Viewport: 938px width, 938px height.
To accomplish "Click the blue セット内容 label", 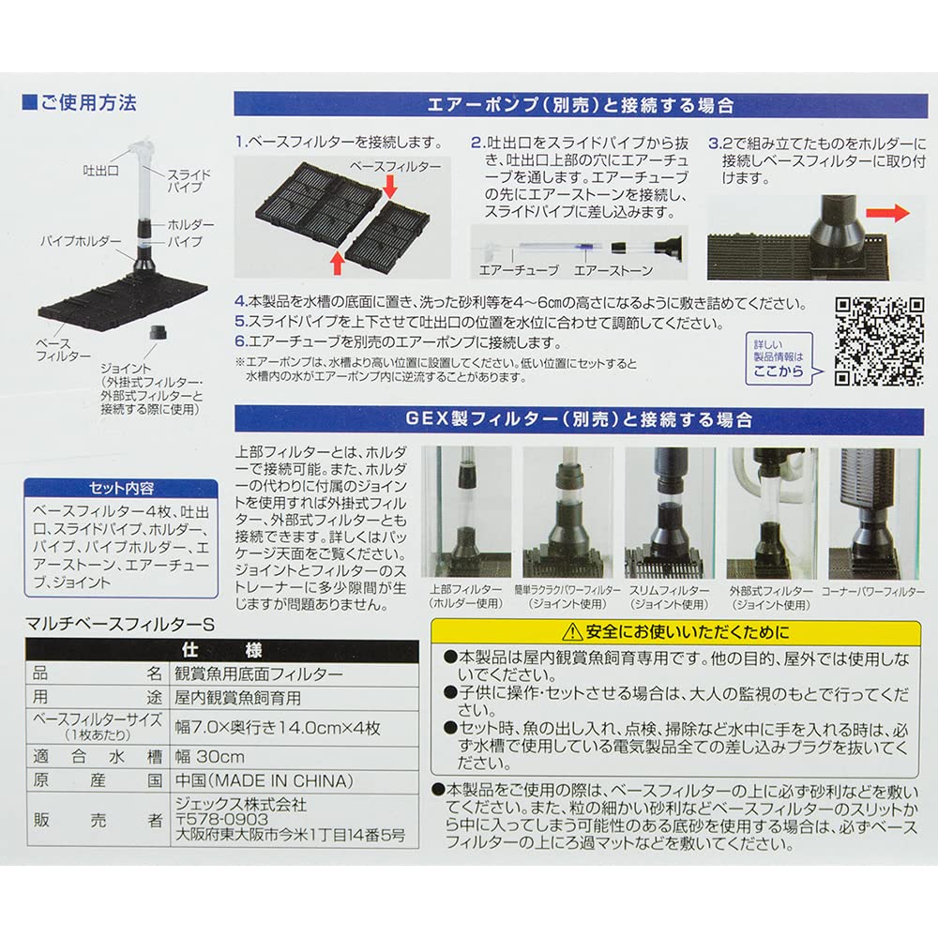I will [121, 490].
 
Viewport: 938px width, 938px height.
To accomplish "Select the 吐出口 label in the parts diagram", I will [100, 172].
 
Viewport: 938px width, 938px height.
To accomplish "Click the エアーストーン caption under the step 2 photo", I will [606, 269].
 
